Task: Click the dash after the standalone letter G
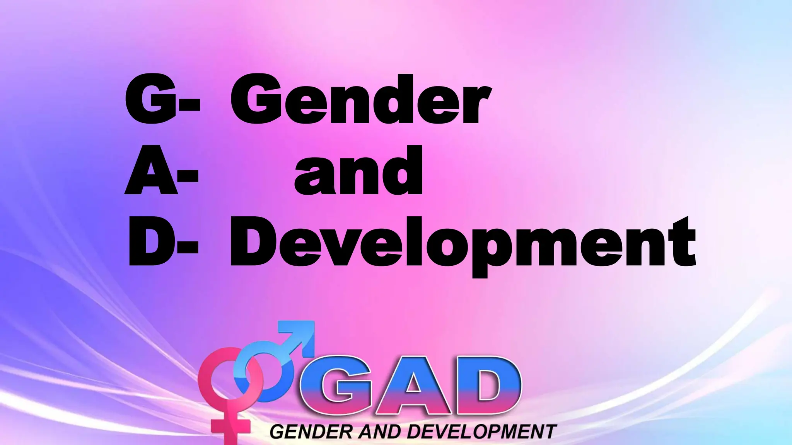tap(190, 104)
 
